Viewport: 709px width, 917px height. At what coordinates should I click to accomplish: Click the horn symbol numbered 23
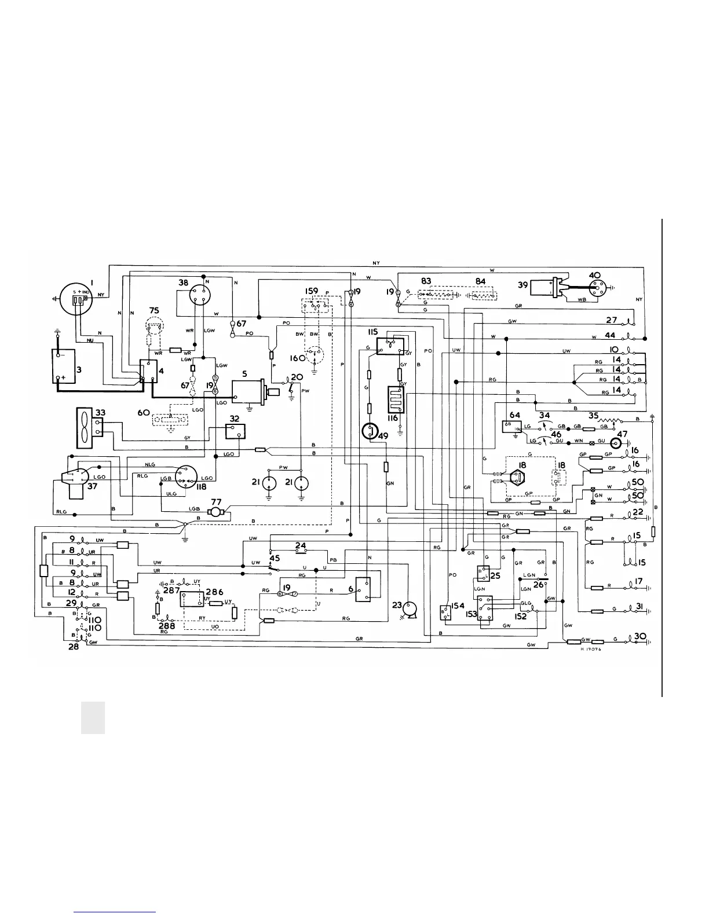tap(412, 608)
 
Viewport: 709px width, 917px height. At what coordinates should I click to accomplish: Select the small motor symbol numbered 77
tap(216, 512)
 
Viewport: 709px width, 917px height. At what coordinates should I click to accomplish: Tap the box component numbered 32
tap(235, 432)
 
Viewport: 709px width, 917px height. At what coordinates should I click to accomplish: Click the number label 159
tap(312, 290)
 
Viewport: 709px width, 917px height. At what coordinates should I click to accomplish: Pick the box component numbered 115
tap(386, 346)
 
